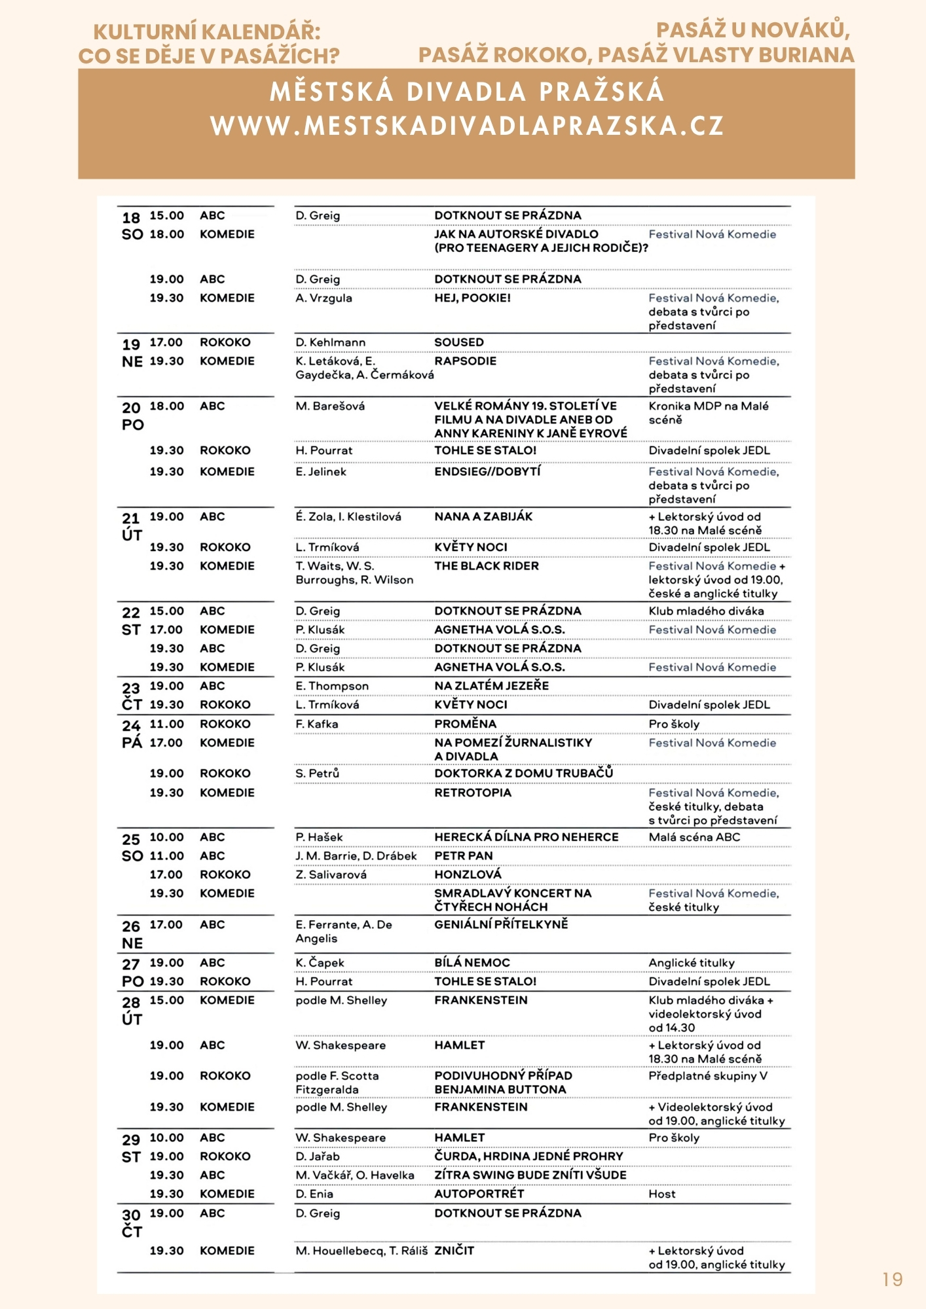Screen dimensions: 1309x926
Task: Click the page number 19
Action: (892, 1279)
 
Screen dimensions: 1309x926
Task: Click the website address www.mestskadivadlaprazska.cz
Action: (467, 126)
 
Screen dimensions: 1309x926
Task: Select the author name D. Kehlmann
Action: (330, 342)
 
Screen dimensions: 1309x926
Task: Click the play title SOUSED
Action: (459, 342)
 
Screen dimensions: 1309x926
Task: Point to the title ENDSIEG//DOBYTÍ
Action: (487, 471)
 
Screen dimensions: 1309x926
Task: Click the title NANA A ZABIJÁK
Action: (483, 516)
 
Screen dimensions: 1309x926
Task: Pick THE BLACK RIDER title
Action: (487, 565)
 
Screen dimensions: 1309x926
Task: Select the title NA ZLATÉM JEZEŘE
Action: (491, 686)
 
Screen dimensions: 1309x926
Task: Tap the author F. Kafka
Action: (316, 724)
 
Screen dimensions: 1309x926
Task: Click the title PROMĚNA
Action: (465, 724)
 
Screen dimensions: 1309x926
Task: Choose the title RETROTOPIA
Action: (473, 793)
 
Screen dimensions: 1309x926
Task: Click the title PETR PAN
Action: (464, 855)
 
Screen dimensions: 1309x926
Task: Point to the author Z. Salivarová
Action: (331, 874)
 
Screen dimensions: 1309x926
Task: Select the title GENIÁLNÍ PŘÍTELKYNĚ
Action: (501, 924)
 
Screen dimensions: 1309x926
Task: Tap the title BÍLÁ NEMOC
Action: (472, 963)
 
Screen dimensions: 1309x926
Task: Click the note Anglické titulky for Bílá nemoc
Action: (692, 963)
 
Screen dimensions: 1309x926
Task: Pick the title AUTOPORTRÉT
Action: (479, 1194)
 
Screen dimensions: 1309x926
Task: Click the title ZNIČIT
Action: (454, 1250)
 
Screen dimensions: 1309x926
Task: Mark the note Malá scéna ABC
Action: (694, 837)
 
